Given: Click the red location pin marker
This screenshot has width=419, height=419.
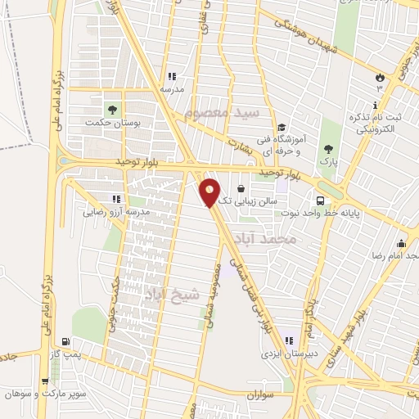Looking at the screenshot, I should (x=210, y=191).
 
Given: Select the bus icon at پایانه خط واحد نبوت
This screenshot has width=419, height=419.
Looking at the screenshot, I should (x=321, y=200).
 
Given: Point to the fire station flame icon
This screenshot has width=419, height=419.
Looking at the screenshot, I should (x=379, y=77).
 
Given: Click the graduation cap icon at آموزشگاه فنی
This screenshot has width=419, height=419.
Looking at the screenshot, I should (x=282, y=128).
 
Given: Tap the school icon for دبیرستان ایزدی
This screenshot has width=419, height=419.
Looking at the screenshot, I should (x=288, y=340).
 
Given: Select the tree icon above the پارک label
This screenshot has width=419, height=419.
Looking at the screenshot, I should (x=328, y=149).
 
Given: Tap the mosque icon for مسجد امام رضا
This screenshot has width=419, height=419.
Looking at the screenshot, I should (x=401, y=243).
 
